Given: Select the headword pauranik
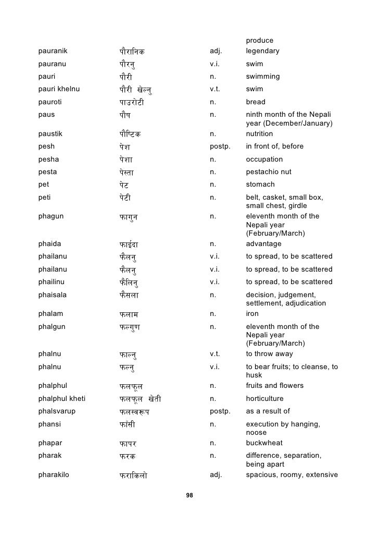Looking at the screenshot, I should [x=54, y=51].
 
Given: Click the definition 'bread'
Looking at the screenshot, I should [x=256, y=102].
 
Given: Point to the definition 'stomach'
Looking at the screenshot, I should [x=260, y=185].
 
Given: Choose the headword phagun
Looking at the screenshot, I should [x=51, y=216].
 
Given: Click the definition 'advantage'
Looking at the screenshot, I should [x=263, y=244].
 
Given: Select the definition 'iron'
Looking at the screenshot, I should [x=252, y=314].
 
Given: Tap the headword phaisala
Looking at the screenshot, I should [x=53, y=295].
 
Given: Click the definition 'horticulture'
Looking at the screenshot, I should [x=264, y=399].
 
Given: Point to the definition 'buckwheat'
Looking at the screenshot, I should [x=264, y=443].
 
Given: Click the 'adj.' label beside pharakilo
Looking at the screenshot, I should [x=216, y=475].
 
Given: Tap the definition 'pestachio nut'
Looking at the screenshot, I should [x=269, y=172].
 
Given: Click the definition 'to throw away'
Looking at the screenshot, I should [x=270, y=354].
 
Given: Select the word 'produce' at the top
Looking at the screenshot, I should [x=260, y=41].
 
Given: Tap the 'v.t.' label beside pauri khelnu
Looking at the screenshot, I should [x=214, y=89].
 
